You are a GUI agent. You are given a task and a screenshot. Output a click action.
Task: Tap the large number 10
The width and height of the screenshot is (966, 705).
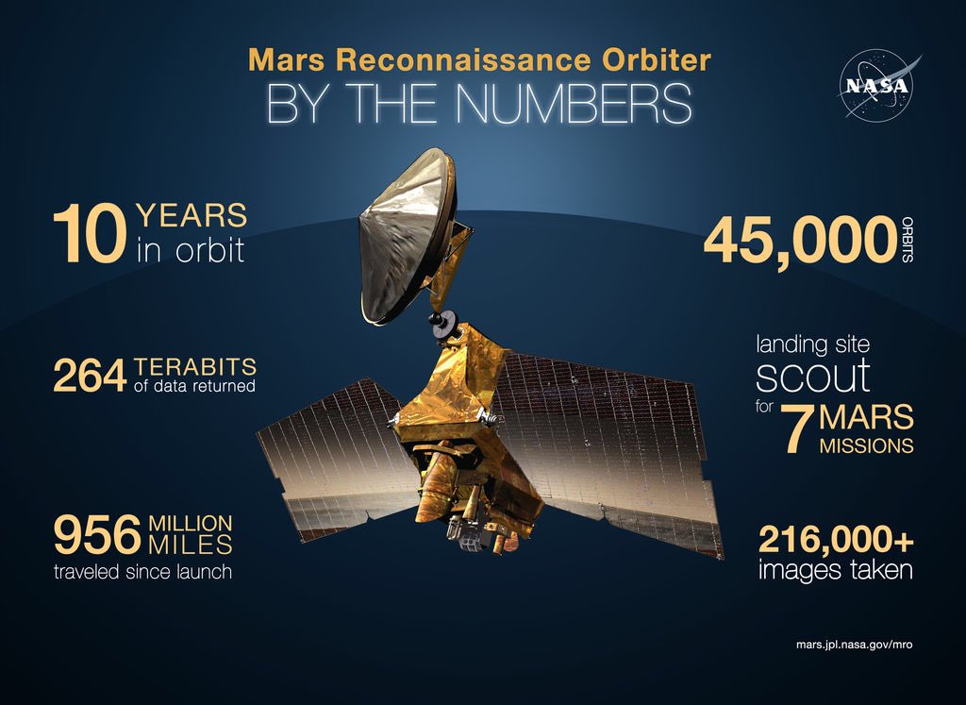[x=88, y=236]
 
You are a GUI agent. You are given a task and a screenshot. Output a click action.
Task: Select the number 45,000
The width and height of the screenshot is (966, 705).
[x=798, y=241]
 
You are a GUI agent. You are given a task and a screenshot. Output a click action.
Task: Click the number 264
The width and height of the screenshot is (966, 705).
[x=89, y=376]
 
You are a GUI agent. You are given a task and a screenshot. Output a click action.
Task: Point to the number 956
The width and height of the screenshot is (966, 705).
[x=98, y=535]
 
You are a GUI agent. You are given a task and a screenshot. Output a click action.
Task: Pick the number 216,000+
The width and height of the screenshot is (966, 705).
[x=835, y=540]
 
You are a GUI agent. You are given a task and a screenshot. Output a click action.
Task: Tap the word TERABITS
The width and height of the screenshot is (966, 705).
[x=195, y=366]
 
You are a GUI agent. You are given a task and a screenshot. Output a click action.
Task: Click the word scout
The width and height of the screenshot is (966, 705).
[x=812, y=376]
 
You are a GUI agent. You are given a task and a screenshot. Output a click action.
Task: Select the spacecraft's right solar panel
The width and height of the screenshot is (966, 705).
[x=604, y=444]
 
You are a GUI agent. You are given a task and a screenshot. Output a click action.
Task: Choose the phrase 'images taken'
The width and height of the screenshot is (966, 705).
[x=835, y=570]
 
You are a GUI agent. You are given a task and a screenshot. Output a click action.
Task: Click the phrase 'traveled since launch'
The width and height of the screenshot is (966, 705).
[x=142, y=570]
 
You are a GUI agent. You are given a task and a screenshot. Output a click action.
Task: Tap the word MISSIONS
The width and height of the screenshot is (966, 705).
[x=866, y=445]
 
